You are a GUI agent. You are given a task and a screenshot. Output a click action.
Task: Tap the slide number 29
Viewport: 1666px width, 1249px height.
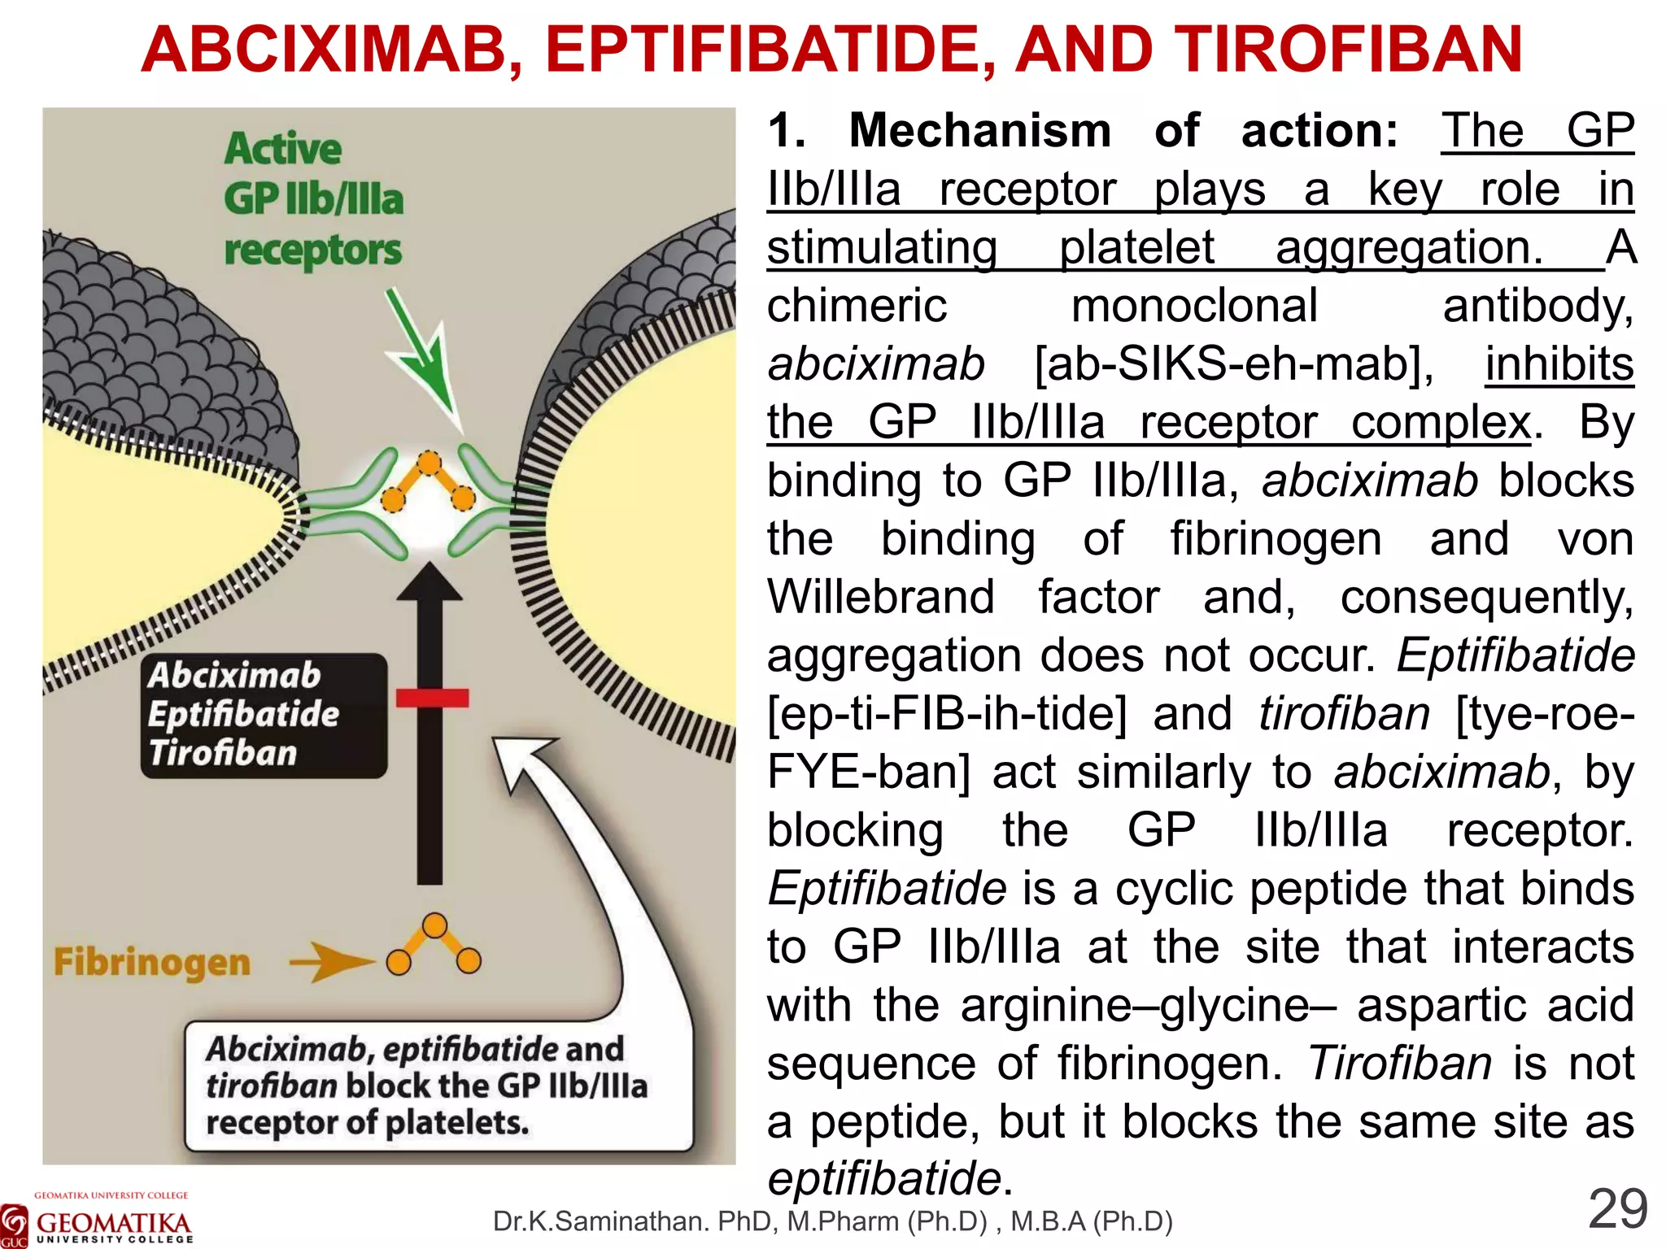(x=1617, y=1210)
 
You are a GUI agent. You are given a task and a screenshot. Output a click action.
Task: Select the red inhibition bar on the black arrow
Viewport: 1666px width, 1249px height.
(x=432, y=698)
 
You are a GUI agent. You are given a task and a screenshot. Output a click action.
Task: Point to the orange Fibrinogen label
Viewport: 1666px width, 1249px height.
(x=152, y=963)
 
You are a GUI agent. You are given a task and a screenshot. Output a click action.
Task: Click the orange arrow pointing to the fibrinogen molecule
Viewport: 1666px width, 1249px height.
(x=329, y=963)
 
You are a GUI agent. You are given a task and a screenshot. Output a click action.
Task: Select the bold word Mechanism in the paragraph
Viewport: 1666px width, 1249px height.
(x=979, y=131)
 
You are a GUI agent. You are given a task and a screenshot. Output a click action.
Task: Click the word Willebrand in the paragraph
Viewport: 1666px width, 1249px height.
(x=881, y=597)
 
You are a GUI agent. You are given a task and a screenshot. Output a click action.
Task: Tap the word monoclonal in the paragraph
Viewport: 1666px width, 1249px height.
(x=1194, y=306)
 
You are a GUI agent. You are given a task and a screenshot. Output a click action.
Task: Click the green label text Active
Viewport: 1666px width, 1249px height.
(x=282, y=149)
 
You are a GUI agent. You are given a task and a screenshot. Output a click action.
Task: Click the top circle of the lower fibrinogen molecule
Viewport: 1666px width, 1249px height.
(x=435, y=925)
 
